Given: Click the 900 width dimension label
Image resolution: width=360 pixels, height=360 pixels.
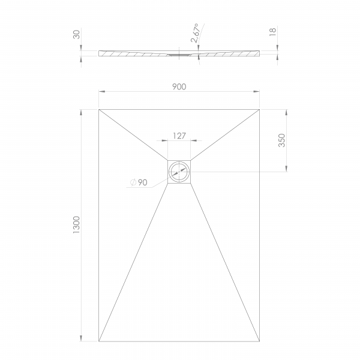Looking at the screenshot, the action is pyautogui.click(x=179, y=87).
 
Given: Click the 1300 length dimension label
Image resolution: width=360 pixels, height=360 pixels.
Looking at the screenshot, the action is pyautogui.click(x=76, y=225).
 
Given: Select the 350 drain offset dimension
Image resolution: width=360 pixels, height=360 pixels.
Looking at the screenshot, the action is pyautogui.click(x=282, y=140).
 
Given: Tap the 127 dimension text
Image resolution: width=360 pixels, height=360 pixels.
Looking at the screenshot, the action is pyautogui.click(x=179, y=136).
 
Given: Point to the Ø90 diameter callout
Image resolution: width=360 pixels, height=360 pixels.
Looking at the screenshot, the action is pyautogui.click(x=139, y=182).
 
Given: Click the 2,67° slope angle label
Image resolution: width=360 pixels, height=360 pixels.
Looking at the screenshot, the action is pyautogui.click(x=195, y=33).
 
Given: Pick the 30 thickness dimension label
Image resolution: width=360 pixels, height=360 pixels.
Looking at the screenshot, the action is pyautogui.click(x=77, y=34).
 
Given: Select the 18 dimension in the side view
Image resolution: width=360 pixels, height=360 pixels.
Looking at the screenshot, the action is pyautogui.click(x=272, y=32).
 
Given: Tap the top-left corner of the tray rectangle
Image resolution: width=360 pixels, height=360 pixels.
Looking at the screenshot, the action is pyautogui.click(x=99, y=110).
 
